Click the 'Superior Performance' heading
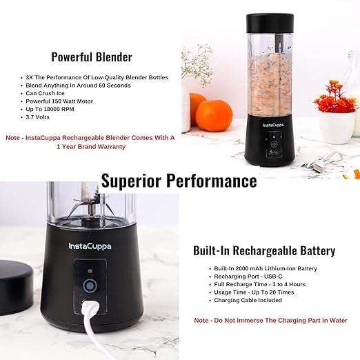point(179,181)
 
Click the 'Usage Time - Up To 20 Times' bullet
point(253,292)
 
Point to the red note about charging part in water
point(270,320)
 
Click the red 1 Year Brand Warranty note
point(90,142)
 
